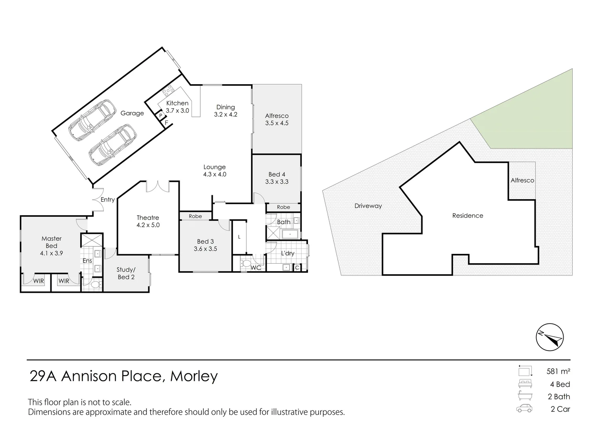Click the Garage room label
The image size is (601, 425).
132,113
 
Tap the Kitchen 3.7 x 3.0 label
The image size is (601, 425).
177,107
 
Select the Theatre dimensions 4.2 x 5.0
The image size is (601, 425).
148,225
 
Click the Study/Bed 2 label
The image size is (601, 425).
126,273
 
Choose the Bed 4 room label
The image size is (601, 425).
277,174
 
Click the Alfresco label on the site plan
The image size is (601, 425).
522,180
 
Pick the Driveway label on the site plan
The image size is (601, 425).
368,206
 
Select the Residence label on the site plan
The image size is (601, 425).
468,216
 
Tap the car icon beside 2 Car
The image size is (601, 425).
524,408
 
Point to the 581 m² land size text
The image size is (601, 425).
558,371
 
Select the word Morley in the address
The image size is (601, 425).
194,376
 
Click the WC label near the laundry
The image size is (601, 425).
256,268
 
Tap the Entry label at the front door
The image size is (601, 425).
107,200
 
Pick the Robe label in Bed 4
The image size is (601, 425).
283,207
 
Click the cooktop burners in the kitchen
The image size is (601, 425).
168,91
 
